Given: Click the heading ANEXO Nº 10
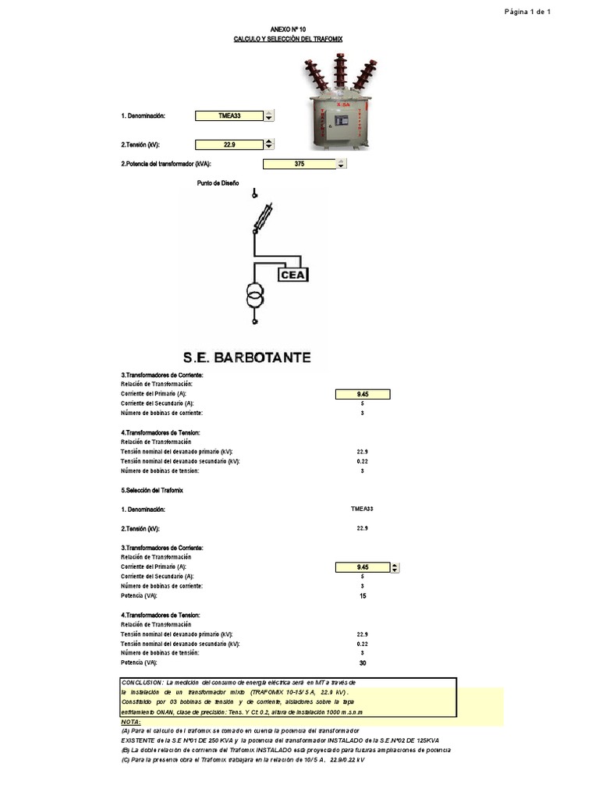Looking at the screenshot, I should click(288, 29).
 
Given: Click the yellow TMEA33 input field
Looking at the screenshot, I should click(229, 116).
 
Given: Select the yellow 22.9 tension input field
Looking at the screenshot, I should click(229, 144).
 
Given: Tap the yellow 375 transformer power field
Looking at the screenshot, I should click(299, 164).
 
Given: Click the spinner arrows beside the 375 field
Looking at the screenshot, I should click(341, 164).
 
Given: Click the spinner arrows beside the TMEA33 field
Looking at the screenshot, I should click(269, 116).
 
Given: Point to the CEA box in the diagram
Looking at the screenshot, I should click(295, 274).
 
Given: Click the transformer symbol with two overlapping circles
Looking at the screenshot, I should click(254, 296).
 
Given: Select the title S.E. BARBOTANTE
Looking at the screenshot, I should click(246, 358).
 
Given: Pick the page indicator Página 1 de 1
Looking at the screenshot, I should click(528, 12).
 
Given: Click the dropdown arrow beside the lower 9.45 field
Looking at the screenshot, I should click(395, 568).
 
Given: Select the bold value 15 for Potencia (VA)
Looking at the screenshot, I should click(362, 596).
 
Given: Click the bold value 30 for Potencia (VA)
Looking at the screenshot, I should click(362, 663).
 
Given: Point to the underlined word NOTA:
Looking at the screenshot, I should click(131, 723).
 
